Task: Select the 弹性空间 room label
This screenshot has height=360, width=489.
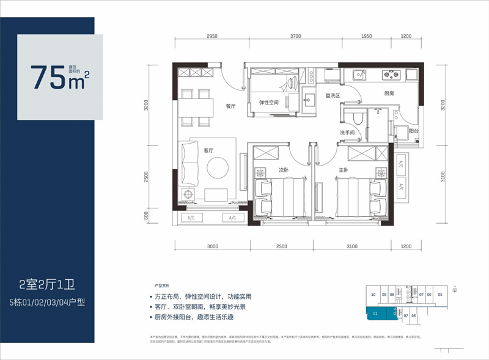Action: tap(269, 103)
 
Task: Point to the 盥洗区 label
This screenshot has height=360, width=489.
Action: tap(333, 95)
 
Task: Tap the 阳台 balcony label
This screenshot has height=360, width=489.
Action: tap(414, 131)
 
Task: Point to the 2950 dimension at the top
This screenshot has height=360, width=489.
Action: tap(212, 36)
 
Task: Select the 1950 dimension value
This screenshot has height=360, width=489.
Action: tap(366, 36)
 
